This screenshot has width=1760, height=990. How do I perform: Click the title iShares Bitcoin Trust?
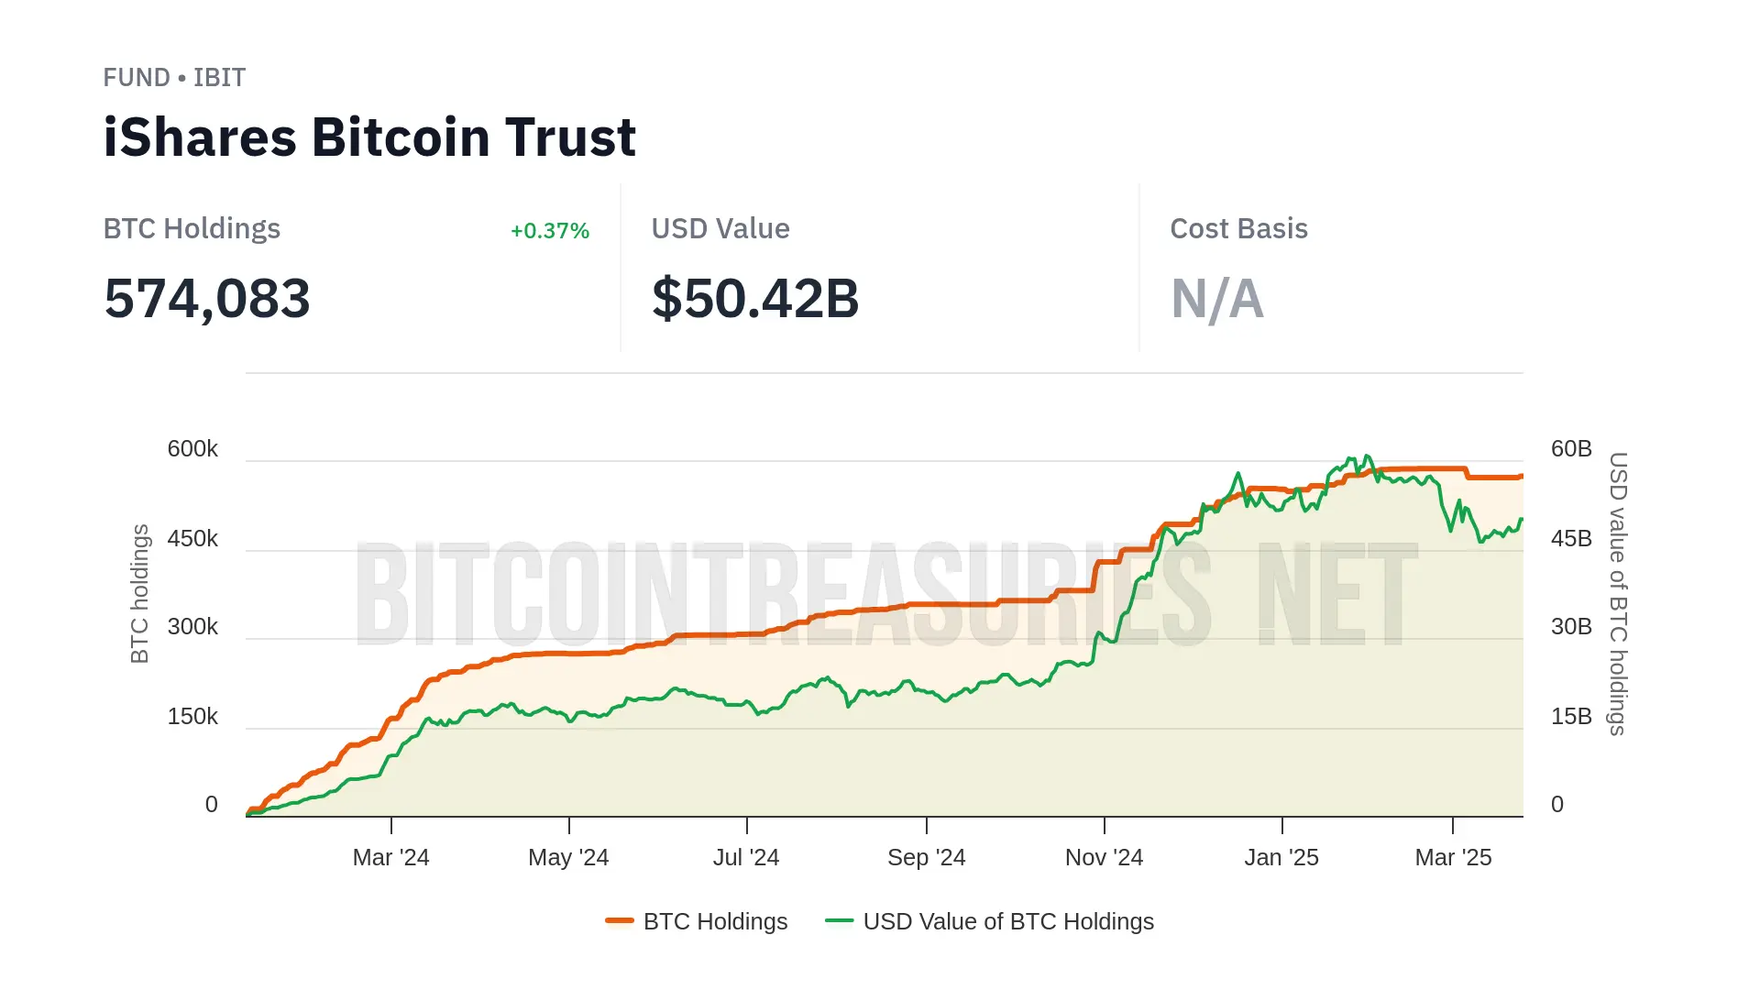click(x=369, y=137)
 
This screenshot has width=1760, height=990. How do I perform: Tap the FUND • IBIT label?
click(x=174, y=78)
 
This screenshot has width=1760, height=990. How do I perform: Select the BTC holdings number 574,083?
click(x=207, y=299)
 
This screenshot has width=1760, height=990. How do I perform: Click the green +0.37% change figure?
click(x=549, y=231)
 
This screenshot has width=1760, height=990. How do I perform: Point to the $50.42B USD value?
click(x=755, y=299)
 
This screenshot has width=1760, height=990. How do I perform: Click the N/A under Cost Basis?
click(x=1216, y=299)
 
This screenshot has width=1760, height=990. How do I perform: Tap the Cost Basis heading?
click(x=1238, y=229)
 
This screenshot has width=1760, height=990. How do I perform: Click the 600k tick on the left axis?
click(x=192, y=449)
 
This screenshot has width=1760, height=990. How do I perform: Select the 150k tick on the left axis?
click(x=192, y=717)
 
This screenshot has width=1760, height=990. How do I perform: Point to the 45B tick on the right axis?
click(x=1571, y=539)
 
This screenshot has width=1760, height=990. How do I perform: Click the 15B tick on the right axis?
click(x=1571, y=717)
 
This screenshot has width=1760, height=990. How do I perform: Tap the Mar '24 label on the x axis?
click(x=390, y=858)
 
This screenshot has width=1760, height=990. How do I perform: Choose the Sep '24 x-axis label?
click(x=926, y=858)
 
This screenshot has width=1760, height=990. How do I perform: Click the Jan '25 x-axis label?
click(x=1281, y=858)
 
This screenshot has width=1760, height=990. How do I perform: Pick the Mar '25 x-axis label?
click(x=1453, y=858)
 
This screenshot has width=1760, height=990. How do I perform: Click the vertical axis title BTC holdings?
click(x=139, y=593)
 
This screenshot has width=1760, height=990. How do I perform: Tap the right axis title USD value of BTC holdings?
click(x=1618, y=593)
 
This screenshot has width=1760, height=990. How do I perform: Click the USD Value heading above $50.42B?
click(x=720, y=229)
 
